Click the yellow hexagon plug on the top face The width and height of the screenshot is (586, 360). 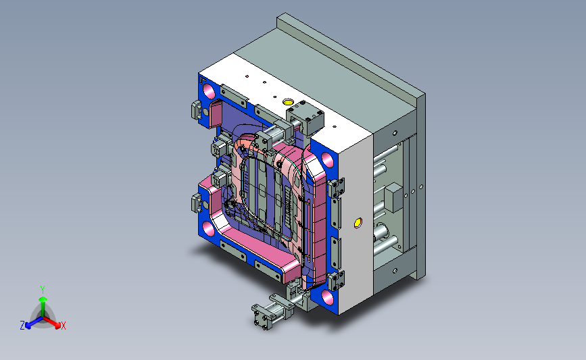coord(288,101)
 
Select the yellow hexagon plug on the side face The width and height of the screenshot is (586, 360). coord(358,223)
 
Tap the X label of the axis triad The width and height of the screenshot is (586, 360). coord(63,326)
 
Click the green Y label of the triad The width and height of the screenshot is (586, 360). coord(43,290)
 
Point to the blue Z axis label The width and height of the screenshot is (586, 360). coord(22,326)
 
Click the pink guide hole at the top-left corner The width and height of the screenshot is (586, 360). coord(209,91)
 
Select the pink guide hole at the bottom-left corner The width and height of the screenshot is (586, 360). coord(209,228)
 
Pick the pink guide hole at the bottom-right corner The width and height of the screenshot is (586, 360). coord(327,297)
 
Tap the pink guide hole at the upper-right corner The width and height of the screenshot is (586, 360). coord(327,160)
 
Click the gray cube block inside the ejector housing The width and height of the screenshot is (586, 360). coord(393,197)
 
